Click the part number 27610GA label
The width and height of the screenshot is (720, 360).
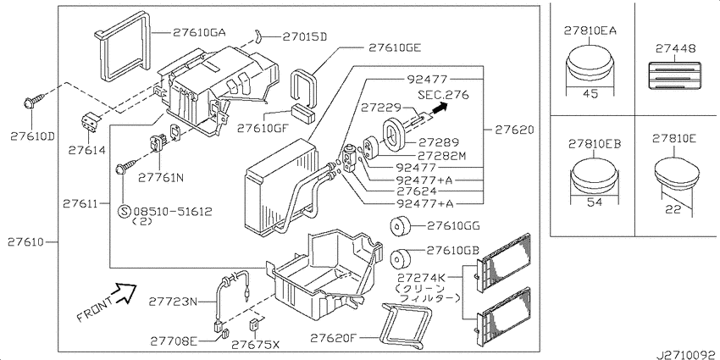coord(199,33)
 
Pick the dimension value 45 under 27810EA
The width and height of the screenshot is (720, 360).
coord(590,94)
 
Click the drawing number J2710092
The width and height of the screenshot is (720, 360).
coord(684,351)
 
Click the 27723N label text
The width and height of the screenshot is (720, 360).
coord(173,301)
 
